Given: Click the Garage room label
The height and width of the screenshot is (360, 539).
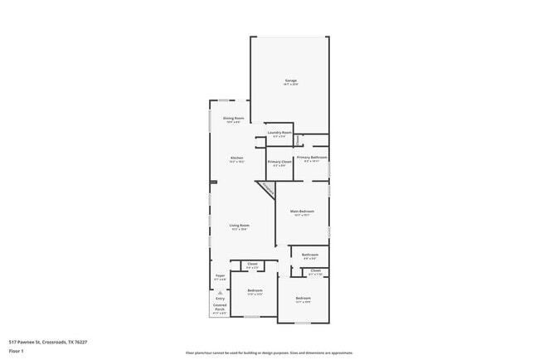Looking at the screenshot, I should click(290, 81).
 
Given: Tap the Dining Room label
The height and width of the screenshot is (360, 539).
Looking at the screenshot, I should click(233, 119).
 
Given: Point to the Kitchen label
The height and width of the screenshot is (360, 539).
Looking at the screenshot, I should click(237, 158).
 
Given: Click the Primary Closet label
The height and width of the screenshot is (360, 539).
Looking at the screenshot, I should click(279, 163).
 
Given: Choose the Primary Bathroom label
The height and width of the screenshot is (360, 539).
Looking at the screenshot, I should click(313, 158).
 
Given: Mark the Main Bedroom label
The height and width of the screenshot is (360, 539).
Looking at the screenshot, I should click(302, 212).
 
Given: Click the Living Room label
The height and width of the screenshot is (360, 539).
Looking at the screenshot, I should click(240, 226).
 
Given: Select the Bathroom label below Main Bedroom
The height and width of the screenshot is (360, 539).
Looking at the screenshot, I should click(310, 255).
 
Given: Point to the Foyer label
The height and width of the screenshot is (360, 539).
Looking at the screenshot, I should click(221, 276).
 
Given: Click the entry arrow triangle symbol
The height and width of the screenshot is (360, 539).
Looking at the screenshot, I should click(220, 292).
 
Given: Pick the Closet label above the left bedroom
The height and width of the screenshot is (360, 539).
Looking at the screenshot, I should click(252, 265).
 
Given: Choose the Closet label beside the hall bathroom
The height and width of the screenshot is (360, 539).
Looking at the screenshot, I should click(315, 271).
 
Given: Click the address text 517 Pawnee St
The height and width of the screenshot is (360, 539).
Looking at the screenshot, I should click(48, 341).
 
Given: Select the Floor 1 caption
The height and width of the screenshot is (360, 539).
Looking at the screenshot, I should click(17, 351).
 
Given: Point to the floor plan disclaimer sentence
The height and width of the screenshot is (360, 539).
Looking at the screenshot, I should click(269, 352).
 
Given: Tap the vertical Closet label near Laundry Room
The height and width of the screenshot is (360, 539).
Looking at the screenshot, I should click(298, 139).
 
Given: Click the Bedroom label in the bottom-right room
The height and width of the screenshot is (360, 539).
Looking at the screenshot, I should click(303, 299).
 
